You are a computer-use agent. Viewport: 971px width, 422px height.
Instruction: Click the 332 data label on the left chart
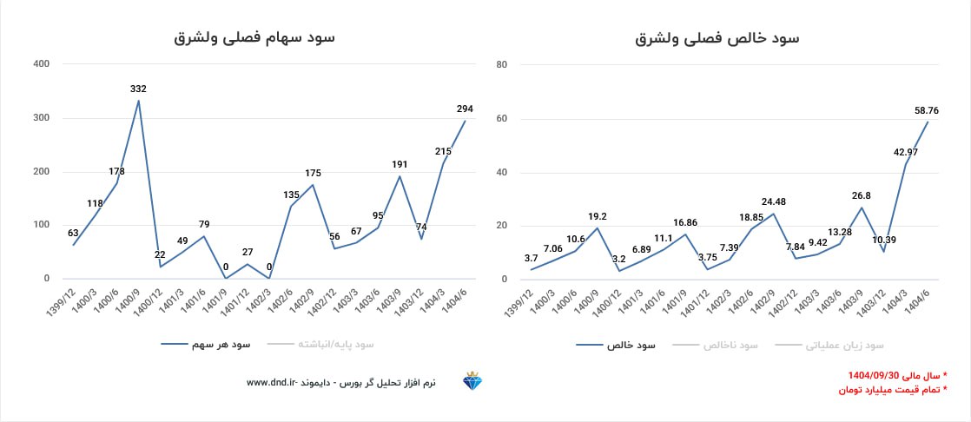(x=138, y=89)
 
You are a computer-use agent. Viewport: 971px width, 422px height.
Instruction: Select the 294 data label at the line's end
(x=465, y=109)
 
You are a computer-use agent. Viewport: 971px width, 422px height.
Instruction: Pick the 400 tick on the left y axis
(x=41, y=64)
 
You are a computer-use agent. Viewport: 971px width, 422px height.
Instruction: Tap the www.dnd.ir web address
(x=272, y=382)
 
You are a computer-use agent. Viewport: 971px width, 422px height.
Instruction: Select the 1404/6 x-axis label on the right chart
(x=919, y=300)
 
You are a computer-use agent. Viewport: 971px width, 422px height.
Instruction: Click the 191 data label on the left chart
(x=400, y=164)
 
